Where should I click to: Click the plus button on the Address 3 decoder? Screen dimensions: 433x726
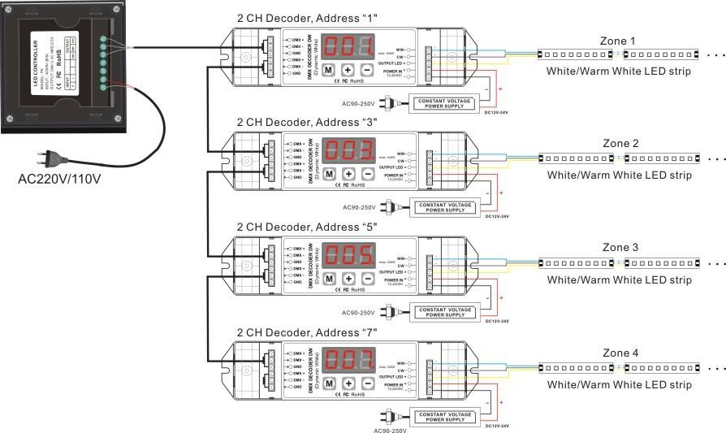(x=348, y=174)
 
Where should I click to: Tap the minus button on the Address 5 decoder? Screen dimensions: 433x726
(x=367, y=279)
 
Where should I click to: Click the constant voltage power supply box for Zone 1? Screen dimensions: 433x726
(x=445, y=103)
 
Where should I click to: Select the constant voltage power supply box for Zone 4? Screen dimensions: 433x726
(x=445, y=416)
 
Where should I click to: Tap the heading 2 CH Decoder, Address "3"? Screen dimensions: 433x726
(x=307, y=122)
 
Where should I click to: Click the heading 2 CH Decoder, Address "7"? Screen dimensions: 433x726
(x=307, y=331)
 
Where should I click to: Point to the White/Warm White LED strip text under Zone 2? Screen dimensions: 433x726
(x=619, y=175)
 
